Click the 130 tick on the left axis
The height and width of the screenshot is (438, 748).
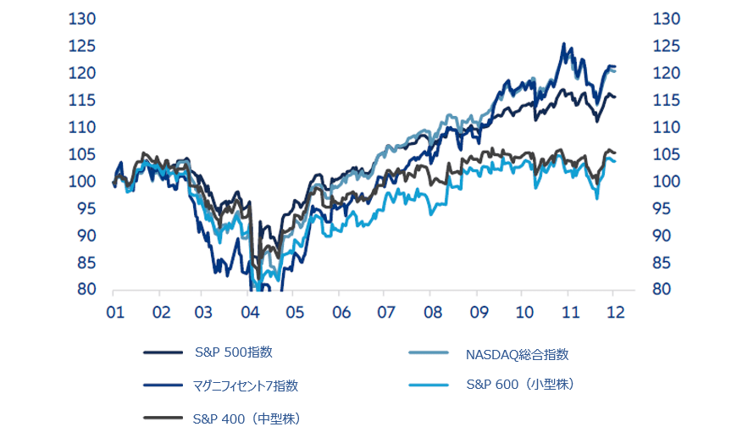tap(86, 19)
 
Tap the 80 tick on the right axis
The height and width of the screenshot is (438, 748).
tap(661, 289)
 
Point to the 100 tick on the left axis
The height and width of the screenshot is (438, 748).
tap(86, 181)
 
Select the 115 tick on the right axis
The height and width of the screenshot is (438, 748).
tap(661, 100)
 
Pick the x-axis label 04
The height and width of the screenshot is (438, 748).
tap(250, 313)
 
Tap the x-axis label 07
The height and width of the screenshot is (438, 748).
tap(385, 313)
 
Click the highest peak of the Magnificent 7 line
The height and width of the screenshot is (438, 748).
tap(564, 44)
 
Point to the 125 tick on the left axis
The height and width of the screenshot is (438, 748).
tap(86, 46)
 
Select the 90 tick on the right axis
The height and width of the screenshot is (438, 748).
tap(661, 236)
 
